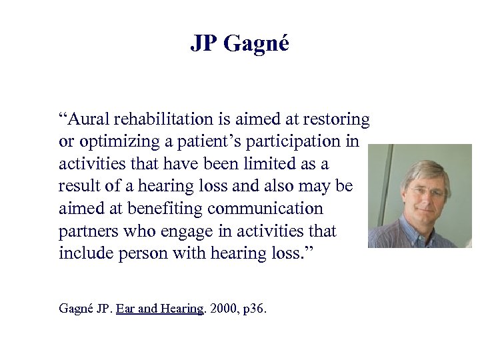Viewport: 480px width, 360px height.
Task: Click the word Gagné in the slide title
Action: point(256,44)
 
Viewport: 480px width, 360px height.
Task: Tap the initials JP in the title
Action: point(205,43)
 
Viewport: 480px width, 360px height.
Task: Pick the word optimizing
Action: point(111,142)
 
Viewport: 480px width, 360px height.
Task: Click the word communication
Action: point(265,209)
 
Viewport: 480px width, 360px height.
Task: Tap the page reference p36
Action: point(253,309)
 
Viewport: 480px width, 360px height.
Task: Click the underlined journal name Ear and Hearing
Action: point(159,308)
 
